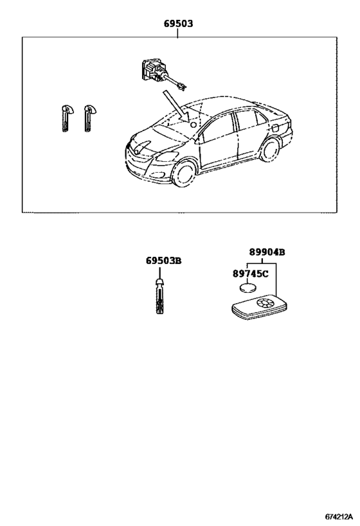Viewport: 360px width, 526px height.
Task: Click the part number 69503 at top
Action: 178,24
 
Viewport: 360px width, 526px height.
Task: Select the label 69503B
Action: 163,261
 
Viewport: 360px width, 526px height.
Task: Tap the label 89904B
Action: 267,252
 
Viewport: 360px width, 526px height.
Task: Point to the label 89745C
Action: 251,274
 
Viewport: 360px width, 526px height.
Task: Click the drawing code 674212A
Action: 339,516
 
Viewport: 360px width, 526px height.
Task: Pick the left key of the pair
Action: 66,118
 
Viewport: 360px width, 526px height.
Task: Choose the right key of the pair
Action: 88,118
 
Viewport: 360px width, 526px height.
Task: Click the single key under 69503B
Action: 159,296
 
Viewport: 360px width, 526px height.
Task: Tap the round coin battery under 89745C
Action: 248,288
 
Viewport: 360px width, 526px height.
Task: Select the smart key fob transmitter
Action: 260,308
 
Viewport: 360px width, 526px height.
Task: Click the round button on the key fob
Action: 265,303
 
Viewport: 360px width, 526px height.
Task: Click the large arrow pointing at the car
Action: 176,106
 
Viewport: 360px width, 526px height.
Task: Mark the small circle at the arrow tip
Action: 193,125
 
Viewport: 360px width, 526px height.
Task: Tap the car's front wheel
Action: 184,174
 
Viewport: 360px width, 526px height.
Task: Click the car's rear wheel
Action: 269,149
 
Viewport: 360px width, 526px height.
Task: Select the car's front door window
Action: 219,128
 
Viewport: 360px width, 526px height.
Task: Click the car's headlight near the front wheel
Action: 167,157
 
